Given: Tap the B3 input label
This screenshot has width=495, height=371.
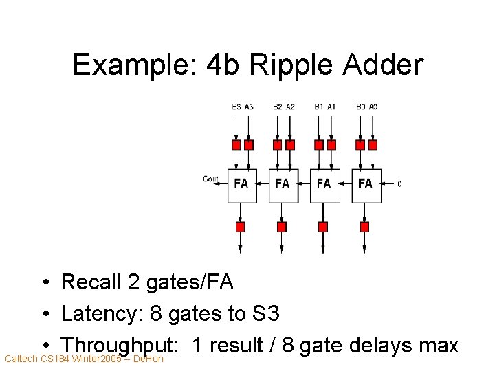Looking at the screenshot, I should point(236,106).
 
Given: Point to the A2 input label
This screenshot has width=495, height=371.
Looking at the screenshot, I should point(290,106).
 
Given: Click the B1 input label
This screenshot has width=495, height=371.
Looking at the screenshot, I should point(318,106).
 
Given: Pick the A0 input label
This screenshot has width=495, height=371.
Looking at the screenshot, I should point(373,106).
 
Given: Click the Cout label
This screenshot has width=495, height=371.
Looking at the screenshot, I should point(210,179).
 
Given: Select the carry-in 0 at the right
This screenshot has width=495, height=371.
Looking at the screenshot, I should point(400,183).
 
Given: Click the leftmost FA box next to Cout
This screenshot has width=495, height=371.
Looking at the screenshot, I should point(241,183).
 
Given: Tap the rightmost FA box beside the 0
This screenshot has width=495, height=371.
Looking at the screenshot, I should point(365,183).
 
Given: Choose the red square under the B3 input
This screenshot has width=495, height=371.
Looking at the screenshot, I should point(236,145).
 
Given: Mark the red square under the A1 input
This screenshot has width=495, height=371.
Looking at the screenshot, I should point(331,145).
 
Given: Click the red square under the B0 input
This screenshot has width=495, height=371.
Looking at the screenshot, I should point(360,145).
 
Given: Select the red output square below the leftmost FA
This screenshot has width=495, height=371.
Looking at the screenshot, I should point(241,227).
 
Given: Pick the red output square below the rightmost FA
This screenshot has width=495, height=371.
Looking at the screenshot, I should point(364,227).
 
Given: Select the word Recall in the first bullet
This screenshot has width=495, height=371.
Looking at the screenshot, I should point(89,282).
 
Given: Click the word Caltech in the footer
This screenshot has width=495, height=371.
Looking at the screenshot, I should point(21,359).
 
